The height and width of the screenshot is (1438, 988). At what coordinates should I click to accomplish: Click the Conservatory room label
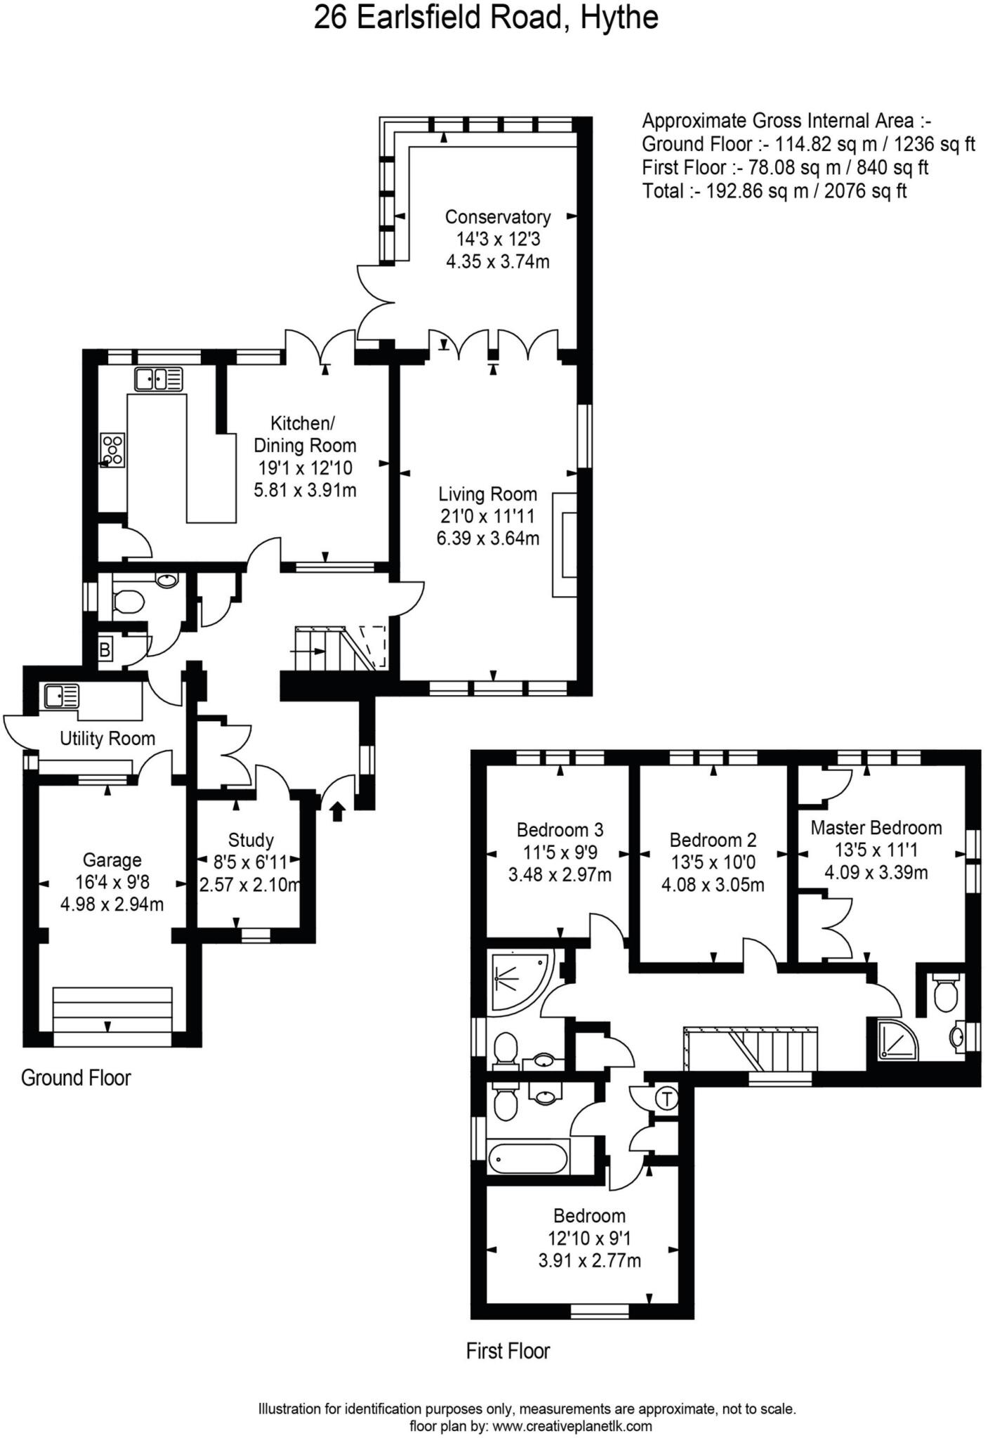[497, 217]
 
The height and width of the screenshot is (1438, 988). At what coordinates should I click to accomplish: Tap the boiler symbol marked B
[105, 649]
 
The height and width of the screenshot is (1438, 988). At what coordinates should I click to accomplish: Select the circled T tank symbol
[666, 1097]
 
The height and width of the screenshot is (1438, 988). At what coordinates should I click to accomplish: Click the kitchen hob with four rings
[112, 450]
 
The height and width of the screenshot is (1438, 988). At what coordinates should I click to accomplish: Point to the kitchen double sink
[159, 379]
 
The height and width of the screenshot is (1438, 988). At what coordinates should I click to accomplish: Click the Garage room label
[112, 859]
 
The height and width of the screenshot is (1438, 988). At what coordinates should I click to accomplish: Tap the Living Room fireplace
[565, 545]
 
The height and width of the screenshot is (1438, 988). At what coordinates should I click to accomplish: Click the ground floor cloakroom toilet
[128, 602]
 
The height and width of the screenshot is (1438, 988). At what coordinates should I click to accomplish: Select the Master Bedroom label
[876, 828]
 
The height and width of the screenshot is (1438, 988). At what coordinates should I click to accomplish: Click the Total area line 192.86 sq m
[774, 191]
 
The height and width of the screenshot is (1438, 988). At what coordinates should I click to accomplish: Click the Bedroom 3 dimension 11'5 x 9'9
[560, 852]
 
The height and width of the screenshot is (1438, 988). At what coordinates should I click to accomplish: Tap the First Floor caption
[508, 1350]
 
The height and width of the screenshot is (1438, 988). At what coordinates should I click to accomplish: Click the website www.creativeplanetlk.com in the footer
[572, 1426]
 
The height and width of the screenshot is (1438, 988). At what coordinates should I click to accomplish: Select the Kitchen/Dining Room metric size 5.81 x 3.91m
[305, 490]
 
